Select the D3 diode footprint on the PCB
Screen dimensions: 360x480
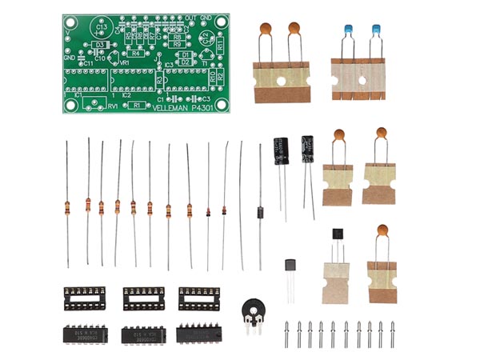point(99,45)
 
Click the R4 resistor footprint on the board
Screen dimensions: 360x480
point(136,54)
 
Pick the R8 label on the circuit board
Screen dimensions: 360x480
point(177,37)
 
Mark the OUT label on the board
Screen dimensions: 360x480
point(190,18)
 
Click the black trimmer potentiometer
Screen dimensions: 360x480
point(254,310)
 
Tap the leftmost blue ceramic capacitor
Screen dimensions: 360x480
point(348,32)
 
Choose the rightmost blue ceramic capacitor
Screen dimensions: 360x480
point(374,32)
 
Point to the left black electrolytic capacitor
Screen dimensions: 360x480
point(280,150)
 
